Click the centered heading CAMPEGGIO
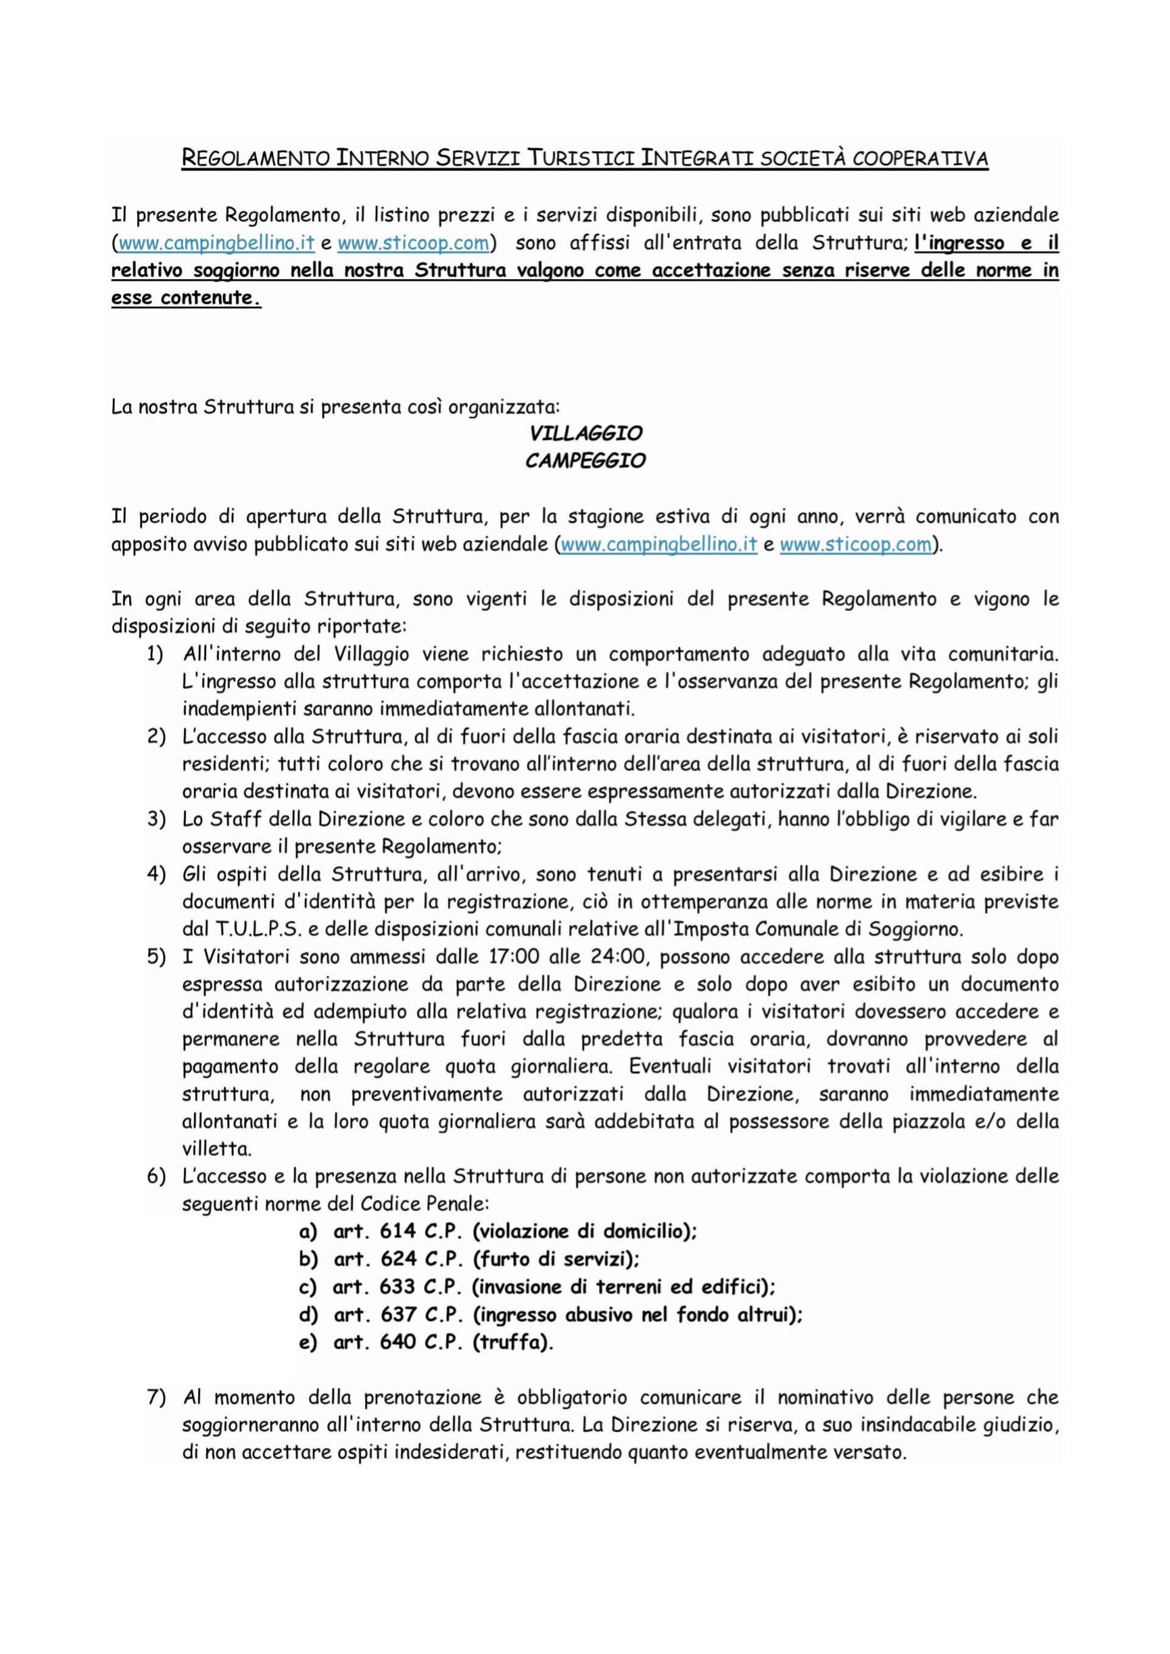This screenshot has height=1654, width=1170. (x=585, y=461)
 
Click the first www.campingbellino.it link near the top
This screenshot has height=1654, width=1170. (x=216, y=244)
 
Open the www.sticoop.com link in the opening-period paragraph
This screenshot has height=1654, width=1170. (x=855, y=545)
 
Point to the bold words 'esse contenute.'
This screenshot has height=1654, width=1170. (x=186, y=299)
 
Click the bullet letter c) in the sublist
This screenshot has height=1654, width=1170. (x=308, y=1287)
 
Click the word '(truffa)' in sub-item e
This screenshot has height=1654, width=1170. (x=513, y=1343)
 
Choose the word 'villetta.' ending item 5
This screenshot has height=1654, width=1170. (x=206, y=1148)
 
